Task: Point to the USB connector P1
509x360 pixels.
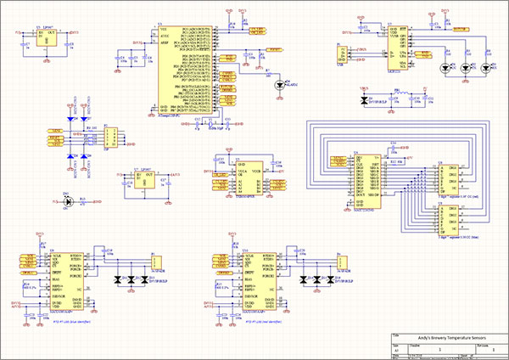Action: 343,56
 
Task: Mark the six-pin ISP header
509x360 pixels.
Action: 109,139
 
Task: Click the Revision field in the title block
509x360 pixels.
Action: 481,348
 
